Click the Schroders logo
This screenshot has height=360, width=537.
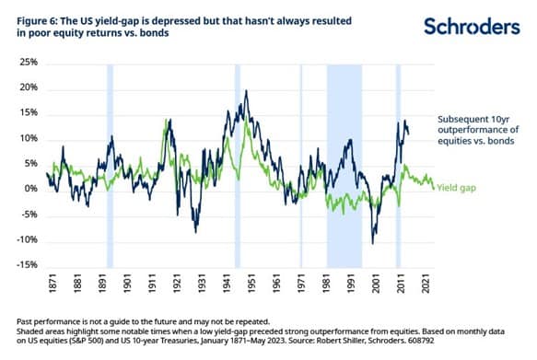472,27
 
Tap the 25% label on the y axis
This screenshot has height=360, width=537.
29,63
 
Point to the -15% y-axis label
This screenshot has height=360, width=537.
27,264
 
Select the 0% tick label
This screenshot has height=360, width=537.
31,189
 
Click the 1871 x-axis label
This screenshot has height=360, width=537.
53,284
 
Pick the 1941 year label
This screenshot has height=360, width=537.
227,284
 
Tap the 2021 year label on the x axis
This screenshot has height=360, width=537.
426,284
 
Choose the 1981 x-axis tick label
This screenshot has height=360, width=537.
326,284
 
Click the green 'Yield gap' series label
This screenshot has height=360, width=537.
457,188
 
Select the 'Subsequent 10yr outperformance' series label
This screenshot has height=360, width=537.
478,130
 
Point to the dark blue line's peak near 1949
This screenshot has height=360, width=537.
246,90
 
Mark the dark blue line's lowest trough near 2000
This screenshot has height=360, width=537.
373,244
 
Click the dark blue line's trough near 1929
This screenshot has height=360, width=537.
196,233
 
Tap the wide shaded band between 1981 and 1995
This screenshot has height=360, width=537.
344,166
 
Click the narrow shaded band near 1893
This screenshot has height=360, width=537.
110,166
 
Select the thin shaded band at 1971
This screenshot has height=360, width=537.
301,166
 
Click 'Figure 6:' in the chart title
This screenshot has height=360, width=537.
37,21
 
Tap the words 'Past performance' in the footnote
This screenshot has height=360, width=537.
48,322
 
